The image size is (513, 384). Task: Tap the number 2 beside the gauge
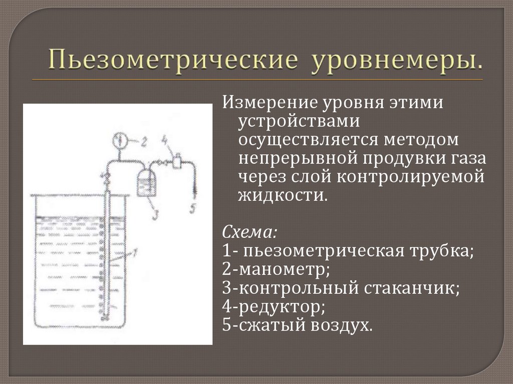[143, 142]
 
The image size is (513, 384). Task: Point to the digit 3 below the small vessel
[155, 214]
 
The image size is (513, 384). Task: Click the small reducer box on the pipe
[176, 162]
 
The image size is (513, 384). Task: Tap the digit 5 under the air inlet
[193, 208]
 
